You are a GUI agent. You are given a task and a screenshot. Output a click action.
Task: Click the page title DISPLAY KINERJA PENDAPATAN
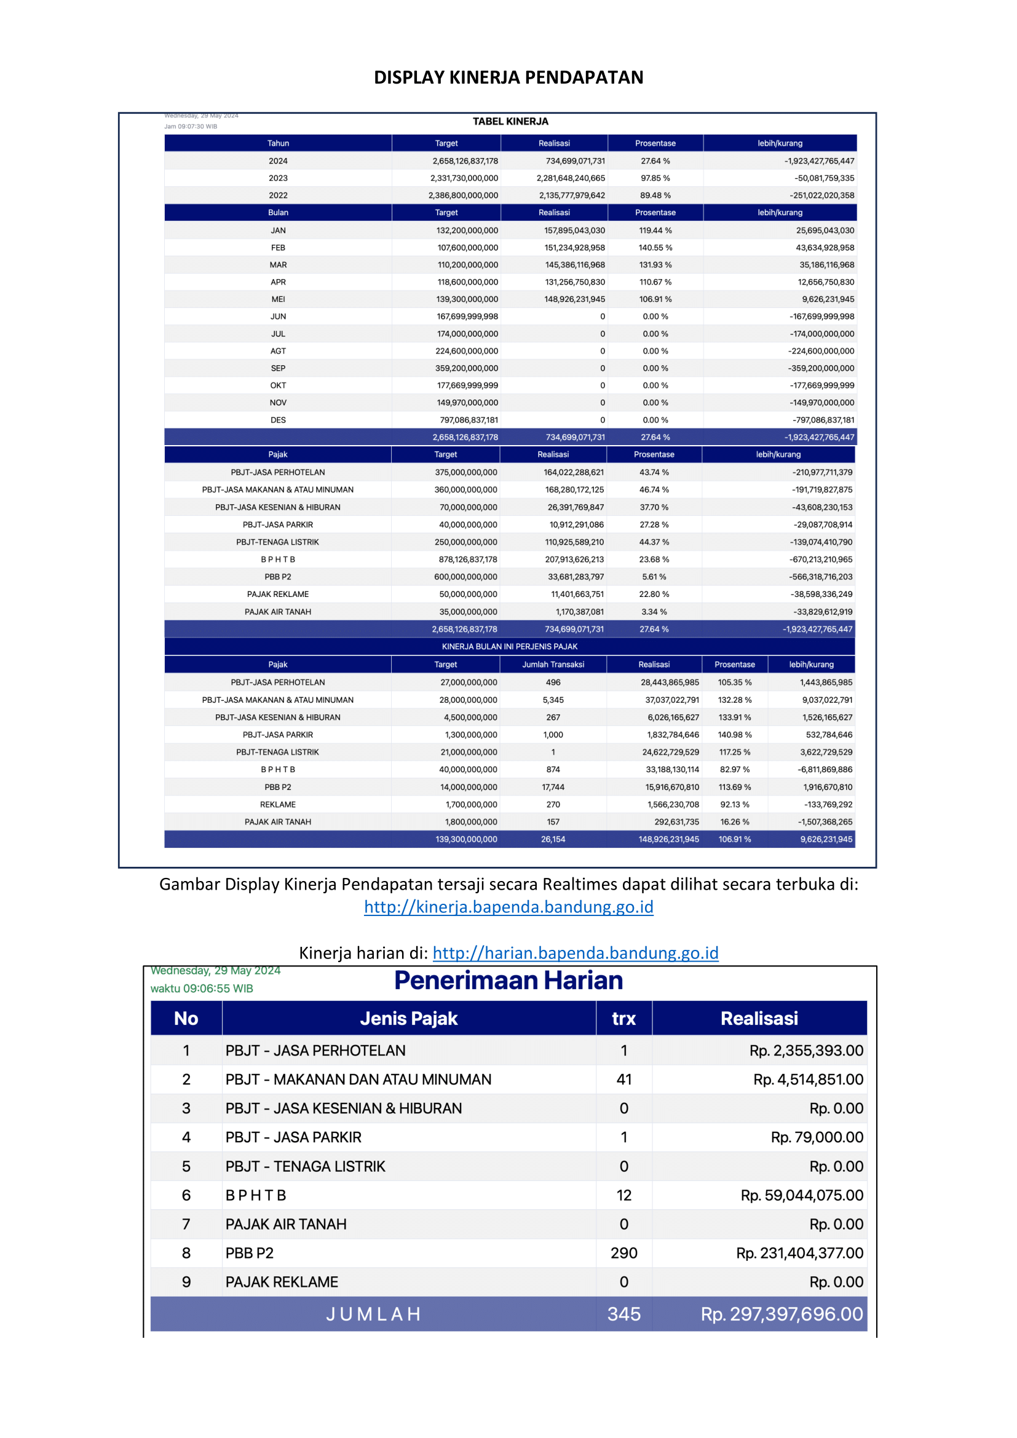point(508,77)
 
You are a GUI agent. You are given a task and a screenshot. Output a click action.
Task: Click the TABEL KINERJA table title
point(510,122)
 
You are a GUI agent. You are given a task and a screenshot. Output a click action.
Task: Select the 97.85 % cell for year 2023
point(654,178)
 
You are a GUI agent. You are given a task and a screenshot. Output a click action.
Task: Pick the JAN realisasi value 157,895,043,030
point(574,231)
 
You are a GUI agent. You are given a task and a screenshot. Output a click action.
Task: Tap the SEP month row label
point(278,368)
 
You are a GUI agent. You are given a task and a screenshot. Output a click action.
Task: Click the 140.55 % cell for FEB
point(654,248)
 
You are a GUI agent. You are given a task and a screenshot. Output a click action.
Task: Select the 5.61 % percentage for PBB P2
point(653,577)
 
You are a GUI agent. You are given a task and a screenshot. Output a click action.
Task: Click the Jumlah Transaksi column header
point(553,665)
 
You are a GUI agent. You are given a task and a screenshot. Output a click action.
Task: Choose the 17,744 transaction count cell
point(553,788)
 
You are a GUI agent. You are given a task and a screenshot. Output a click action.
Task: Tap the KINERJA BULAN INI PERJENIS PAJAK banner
point(509,646)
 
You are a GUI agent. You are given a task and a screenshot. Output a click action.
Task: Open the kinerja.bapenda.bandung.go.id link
point(508,907)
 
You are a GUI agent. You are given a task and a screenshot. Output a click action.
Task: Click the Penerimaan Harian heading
point(508,981)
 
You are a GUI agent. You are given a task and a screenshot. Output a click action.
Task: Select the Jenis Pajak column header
point(408,1019)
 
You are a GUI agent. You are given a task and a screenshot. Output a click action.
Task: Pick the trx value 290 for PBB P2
point(623,1253)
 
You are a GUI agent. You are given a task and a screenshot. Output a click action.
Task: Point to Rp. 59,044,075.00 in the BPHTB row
point(802,1196)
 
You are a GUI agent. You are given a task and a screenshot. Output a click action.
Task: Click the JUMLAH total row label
point(373,1314)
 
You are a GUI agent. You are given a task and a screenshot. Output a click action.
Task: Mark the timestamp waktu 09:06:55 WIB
point(202,989)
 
